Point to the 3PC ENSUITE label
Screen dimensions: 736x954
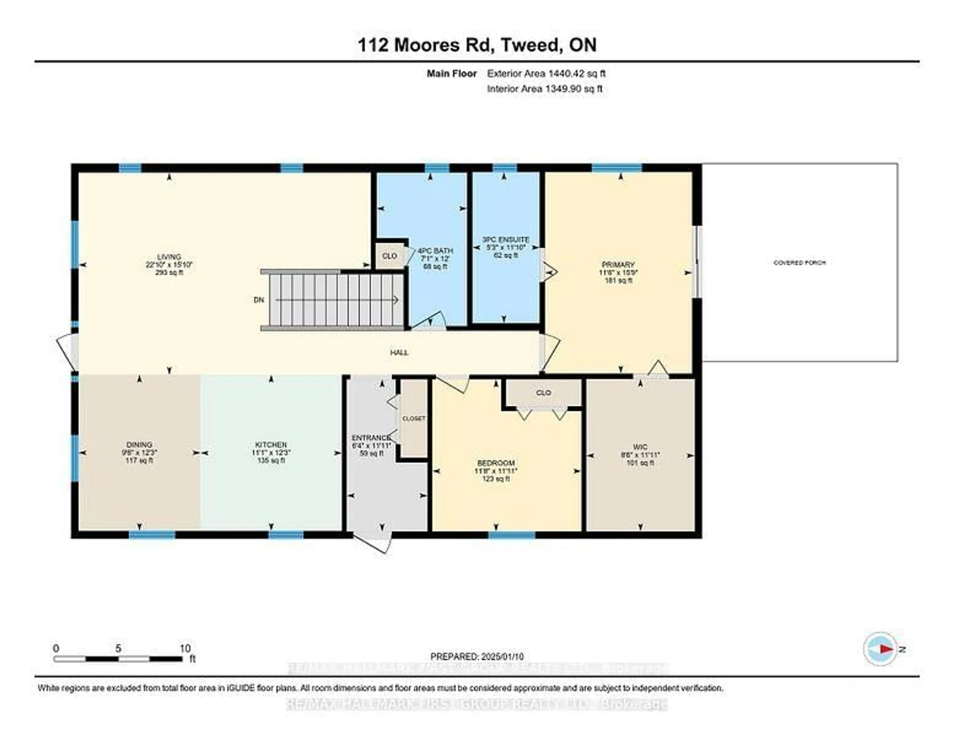pos(505,240)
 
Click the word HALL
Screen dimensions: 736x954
pos(399,352)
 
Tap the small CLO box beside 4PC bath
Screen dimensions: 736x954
pos(389,256)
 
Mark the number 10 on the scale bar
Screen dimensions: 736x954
pos(185,648)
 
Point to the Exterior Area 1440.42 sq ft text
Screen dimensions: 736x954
pos(546,74)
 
